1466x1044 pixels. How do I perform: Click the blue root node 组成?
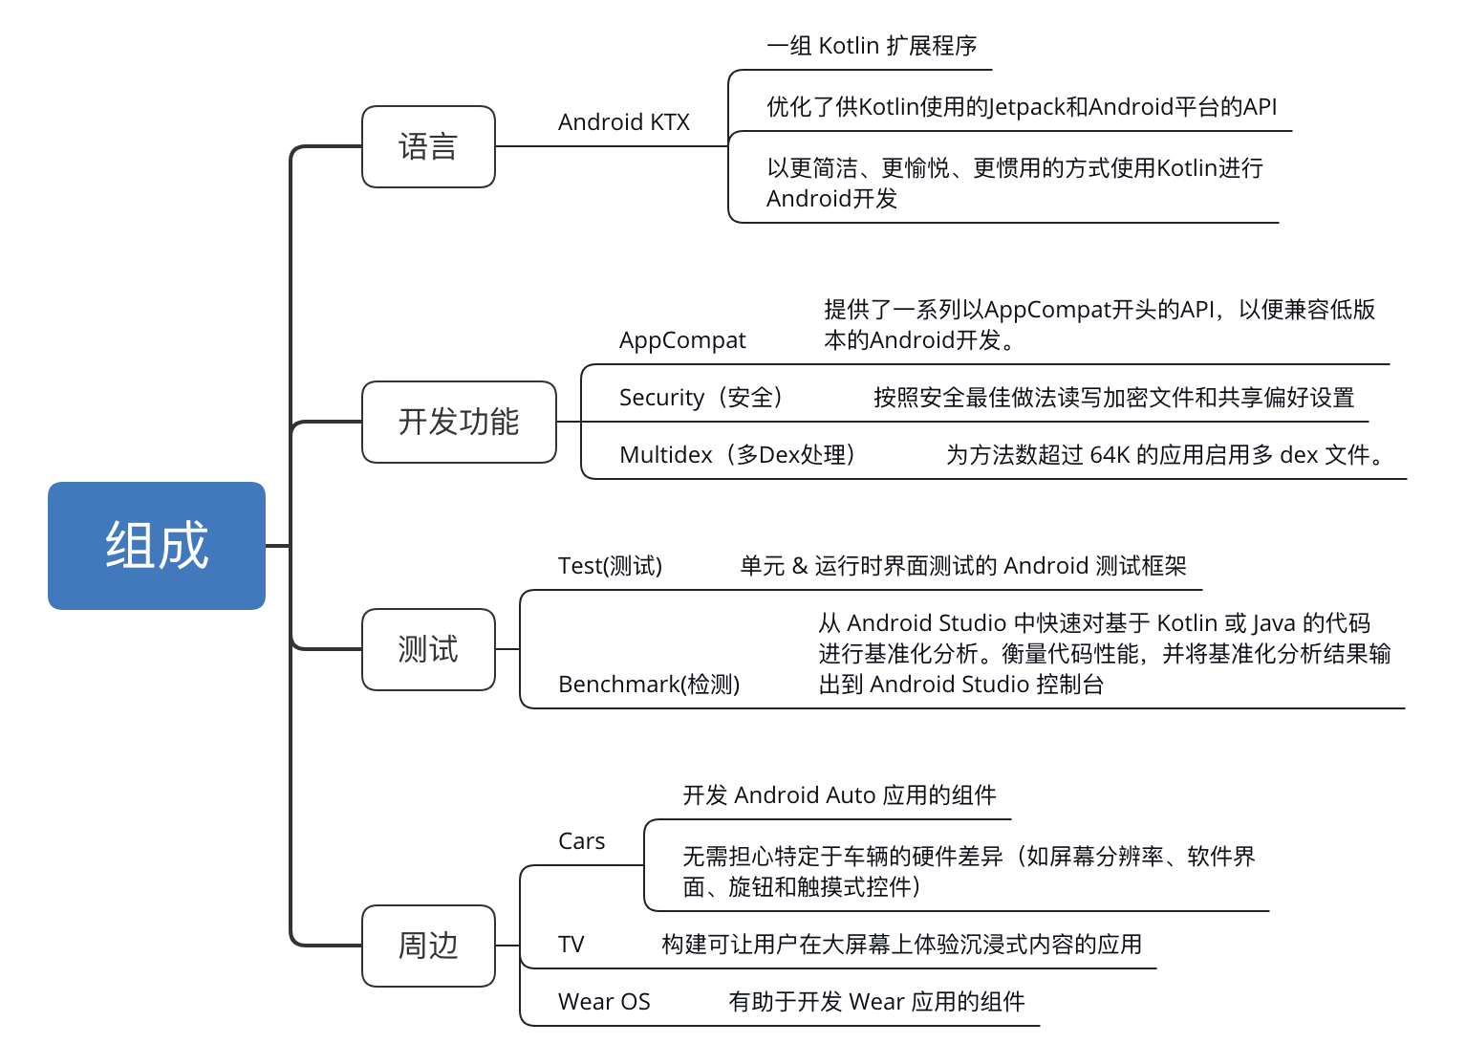tap(157, 546)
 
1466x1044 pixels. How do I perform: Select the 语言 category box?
tap(428, 147)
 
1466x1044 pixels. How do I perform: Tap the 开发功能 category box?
tap(459, 422)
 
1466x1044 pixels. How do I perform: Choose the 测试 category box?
tap(428, 649)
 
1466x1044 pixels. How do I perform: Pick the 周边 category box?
tap(428, 946)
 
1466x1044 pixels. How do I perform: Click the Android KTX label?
tap(623, 122)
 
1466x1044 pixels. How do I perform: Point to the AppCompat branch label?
tap(682, 340)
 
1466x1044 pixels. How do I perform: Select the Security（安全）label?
tap(701, 398)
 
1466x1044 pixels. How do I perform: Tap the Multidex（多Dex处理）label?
tap(737, 455)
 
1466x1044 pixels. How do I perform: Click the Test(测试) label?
tap(610, 566)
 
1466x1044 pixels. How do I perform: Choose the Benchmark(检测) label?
tap(649, 685)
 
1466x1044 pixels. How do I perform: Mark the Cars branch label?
tap(581, 841)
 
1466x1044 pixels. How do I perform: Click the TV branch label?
tap(571, 945)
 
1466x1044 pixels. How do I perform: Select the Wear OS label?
tap(604, 1002)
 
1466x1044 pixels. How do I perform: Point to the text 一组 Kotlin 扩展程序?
tap(872, 46)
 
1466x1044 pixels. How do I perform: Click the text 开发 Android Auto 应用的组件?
tap(839, 795)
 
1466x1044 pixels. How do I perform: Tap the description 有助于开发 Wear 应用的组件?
tap(876, 1002)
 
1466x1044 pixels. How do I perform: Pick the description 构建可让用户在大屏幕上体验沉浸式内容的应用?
tap(901, 945)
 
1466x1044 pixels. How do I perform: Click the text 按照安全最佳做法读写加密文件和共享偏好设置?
tap(1113, 398)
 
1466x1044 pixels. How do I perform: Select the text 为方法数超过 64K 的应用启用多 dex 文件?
tap(1165, 455)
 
